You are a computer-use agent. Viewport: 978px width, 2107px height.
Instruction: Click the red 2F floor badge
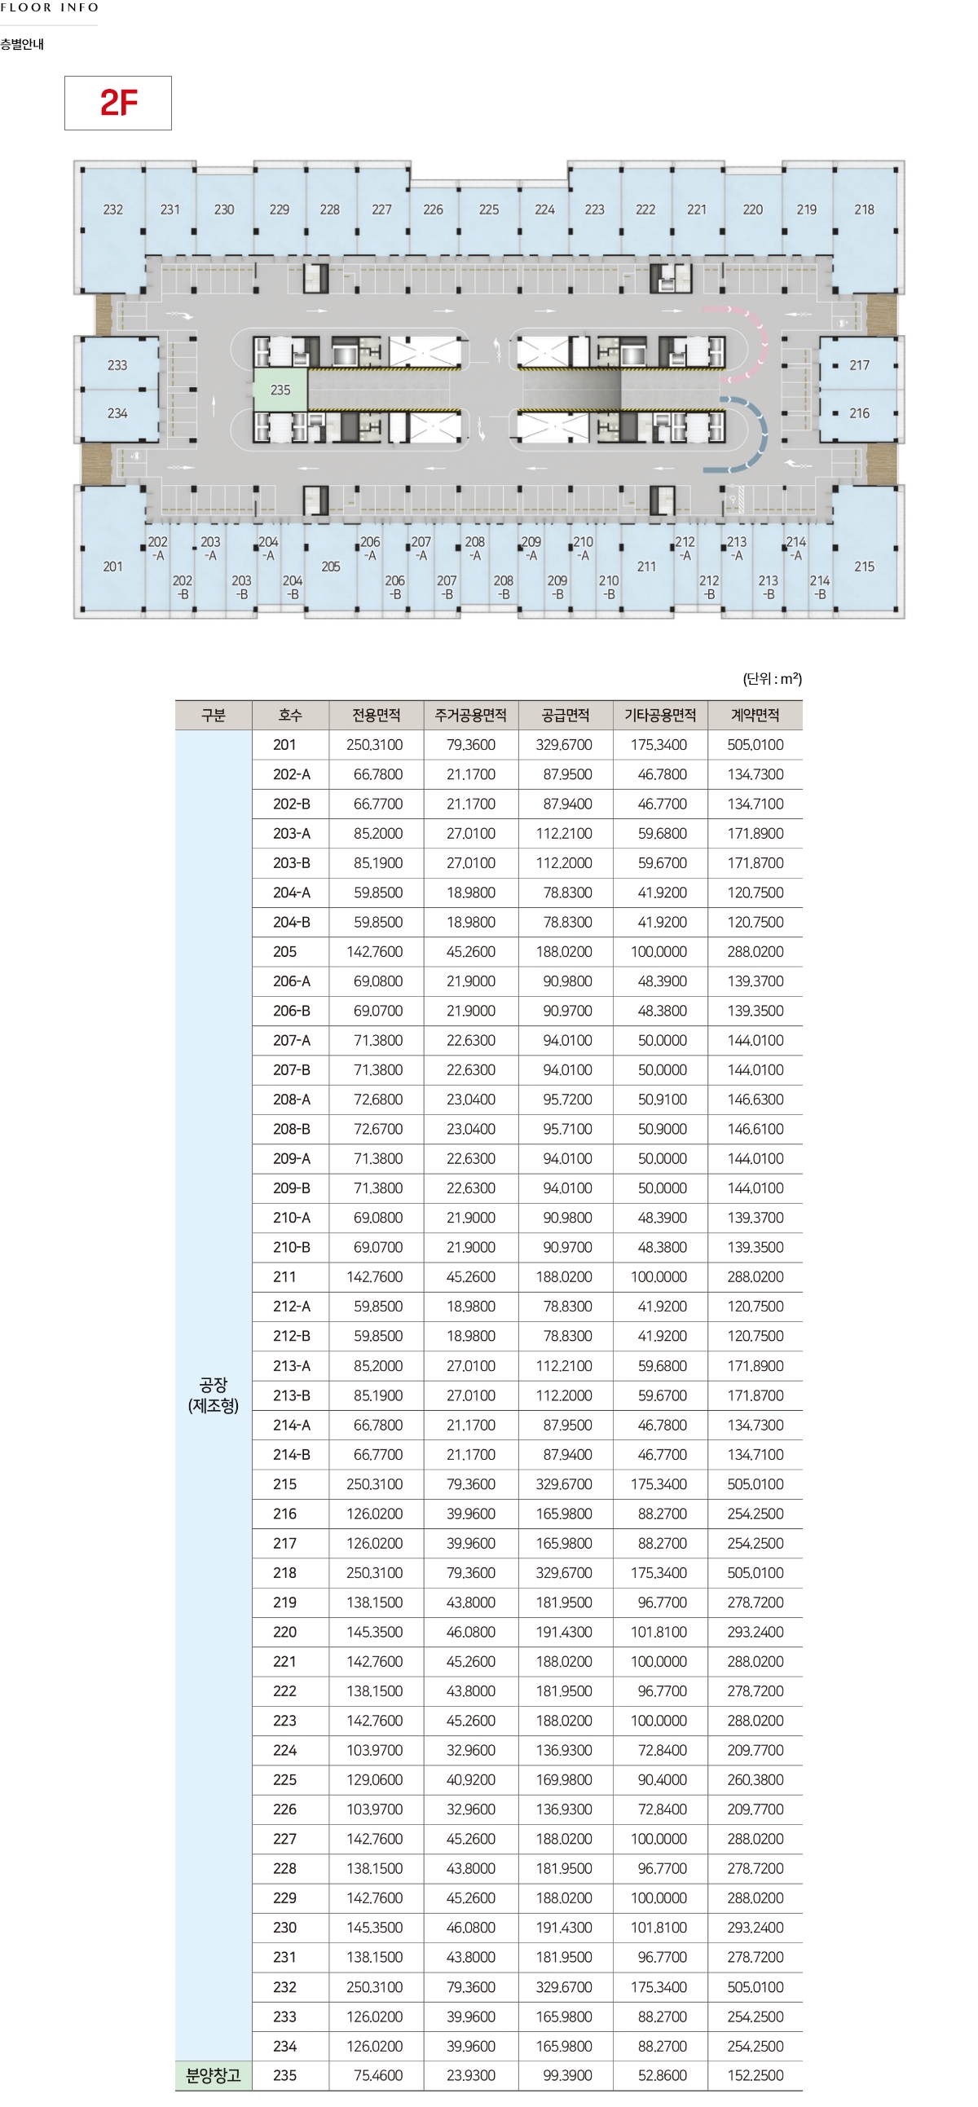click(117, 103)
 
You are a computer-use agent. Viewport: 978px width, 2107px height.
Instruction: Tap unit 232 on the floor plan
click(112, 209)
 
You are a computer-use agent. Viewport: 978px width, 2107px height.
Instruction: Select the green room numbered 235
click(280, 390)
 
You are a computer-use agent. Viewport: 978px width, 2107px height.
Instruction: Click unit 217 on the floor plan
click(859, 366)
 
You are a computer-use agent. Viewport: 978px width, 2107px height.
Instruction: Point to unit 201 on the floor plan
click(112, 566)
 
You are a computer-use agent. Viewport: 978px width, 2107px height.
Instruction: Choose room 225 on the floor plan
click(489, 209)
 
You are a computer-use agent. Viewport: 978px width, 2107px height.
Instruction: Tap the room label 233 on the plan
click(117, 366)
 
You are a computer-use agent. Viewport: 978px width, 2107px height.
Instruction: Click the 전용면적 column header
click(377, 716)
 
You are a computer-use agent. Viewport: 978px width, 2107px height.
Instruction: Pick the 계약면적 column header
click(755, 716)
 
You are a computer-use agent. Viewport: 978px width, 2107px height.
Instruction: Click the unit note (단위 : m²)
click(772, 679)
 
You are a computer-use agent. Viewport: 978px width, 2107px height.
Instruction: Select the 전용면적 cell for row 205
click(377, 952)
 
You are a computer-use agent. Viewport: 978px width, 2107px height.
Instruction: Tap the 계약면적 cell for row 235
click(755, 2075)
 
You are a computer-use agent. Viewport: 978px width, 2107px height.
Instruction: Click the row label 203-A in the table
click(291, 834)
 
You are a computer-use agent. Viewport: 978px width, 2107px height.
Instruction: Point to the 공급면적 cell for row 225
click(566, 1780)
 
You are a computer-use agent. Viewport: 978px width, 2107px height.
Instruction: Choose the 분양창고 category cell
click(214, 2075)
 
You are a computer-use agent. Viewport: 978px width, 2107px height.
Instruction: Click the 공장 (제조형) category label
click(214, 1395)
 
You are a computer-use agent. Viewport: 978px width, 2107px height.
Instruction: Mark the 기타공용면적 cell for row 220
click(660, 1632)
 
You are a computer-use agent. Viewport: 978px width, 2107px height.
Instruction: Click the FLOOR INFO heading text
click(50, 7)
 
